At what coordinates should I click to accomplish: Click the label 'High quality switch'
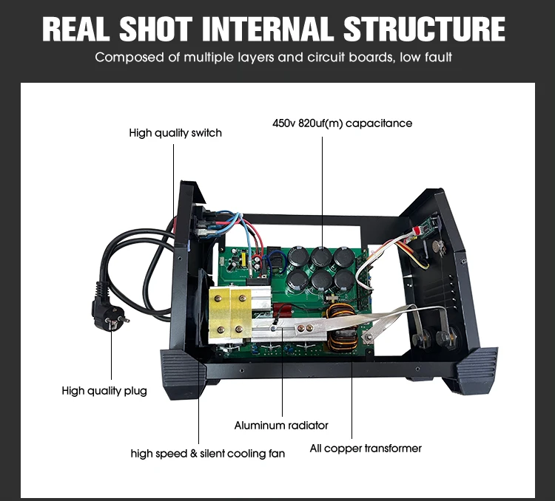pyautogui.click(x=175, y=133)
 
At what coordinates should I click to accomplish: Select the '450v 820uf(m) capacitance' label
pyautogui.click(x=343, y=123)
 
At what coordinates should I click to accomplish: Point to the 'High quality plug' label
pyautogui.click(x=104, y=391)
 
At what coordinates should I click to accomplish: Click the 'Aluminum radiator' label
pyautogui.click(x=281, y=425)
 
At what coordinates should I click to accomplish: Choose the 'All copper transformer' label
pyautogui.click(x=366, y=448)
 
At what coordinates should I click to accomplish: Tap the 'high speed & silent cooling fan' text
pyautogui.click(x=208, y=453)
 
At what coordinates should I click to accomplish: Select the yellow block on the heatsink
pyautogui.click(x=226, y=310)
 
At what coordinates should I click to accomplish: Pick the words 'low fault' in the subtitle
pyautogui.click(x=432, y=57)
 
